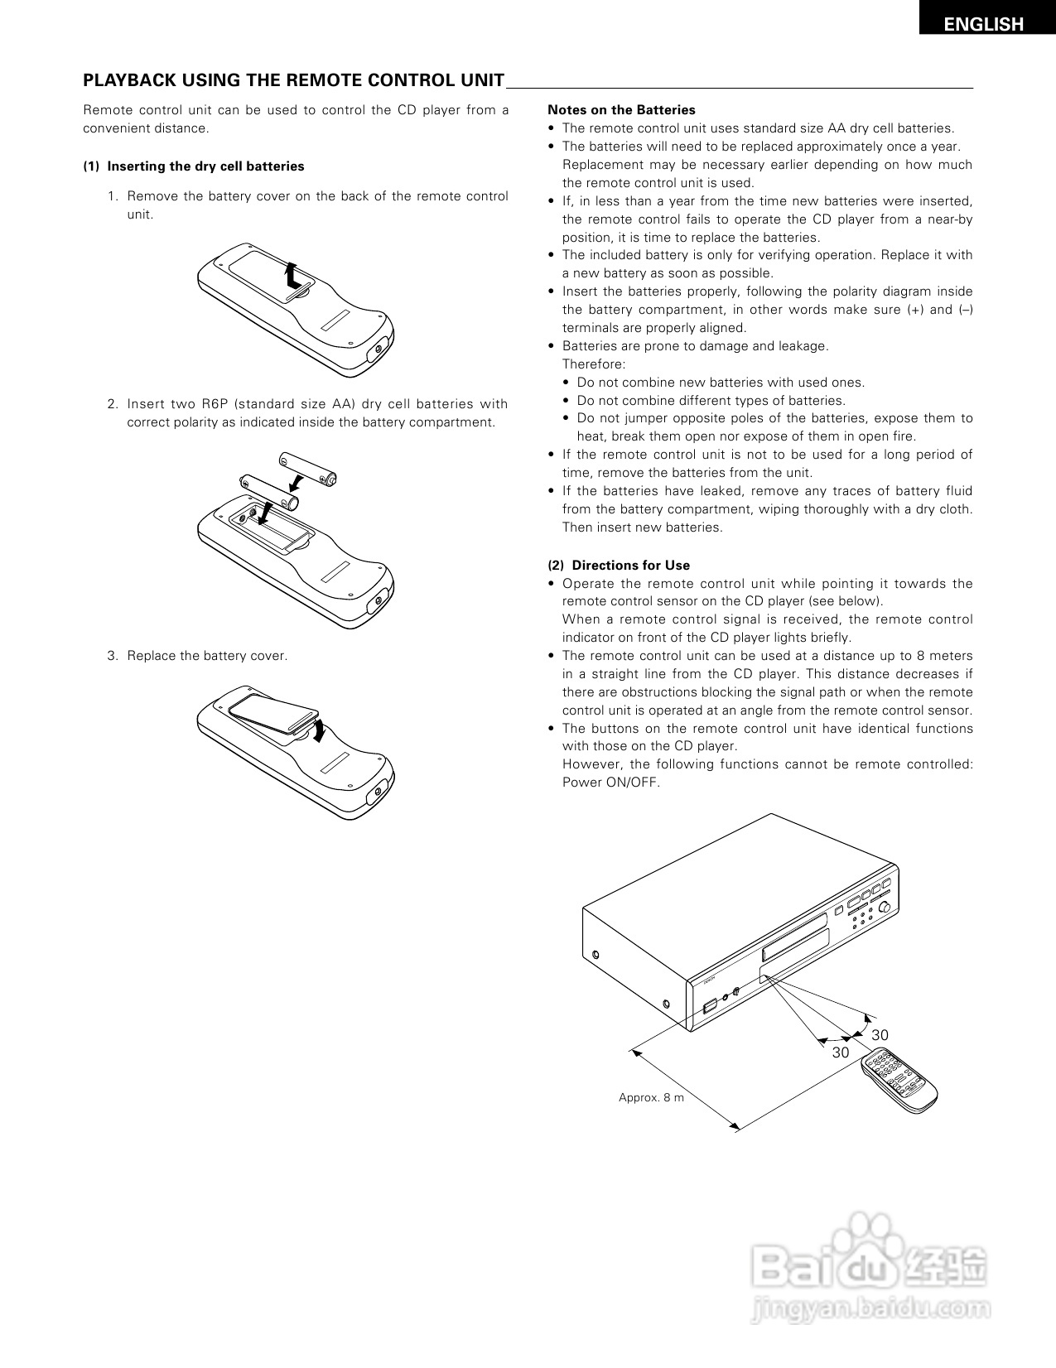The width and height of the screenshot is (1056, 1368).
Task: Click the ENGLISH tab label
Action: click(x=984, y=25)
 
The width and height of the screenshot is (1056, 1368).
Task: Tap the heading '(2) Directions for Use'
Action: click(x=619, y=566)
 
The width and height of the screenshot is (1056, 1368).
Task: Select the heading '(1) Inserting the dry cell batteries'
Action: click(x=194, y=166)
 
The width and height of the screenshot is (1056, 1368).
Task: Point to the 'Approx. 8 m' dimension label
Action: click(x=651, y=1098)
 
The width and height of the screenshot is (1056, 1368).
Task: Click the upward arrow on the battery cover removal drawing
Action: click(x=291, y=275)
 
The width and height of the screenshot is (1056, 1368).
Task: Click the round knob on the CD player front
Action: click(x=887, y=908)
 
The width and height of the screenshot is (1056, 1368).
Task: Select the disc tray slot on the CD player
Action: click(x=795, y=945)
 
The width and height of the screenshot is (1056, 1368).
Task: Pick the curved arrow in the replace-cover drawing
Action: click(x=320, y=731)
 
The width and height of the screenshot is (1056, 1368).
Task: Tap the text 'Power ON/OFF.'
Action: click(x=610, y=783)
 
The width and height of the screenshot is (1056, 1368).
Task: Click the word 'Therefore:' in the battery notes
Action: click(x=594, y=364)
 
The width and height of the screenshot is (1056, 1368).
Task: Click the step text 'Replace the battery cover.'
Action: click(x=207, y=656)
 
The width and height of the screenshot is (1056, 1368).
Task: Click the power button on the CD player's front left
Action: click(x=708, y=1007)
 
